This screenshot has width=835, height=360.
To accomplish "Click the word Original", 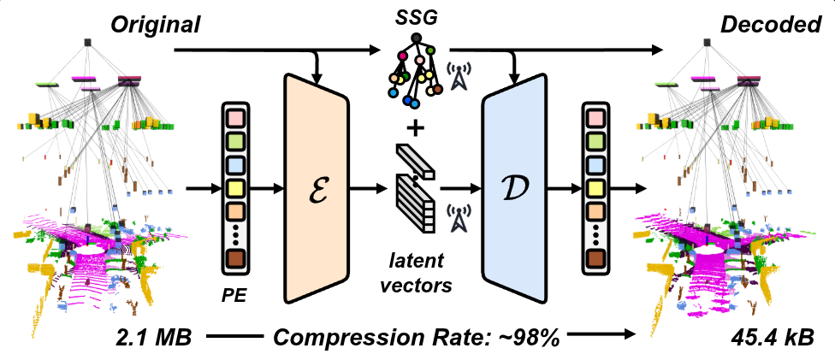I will (x=154, y=26).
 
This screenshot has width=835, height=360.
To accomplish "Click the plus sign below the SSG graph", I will (x=416, y=129).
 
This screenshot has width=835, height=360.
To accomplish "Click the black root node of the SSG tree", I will (x=416, y=38).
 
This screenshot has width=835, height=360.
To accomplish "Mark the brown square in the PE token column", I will (x=235, y=258).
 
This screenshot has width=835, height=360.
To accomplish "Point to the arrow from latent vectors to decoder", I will (x=463, y=186).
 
